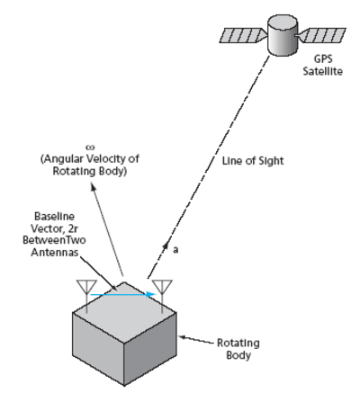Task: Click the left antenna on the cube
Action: pos(87,290)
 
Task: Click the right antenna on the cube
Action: pos(162,290)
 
